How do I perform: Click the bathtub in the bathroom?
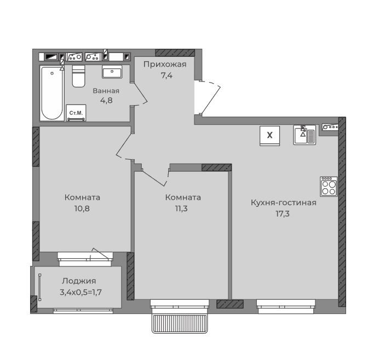point(52,93)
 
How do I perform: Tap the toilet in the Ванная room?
point(78,76)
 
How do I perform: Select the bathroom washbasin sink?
point(112,72)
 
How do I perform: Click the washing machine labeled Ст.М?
point(76,113)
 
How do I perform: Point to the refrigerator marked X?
point(270,136)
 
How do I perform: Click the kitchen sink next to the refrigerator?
point(305,135)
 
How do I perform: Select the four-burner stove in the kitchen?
point(329,187)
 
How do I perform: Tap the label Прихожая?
point(165,64)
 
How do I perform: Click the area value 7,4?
point(166,76)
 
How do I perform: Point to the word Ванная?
point(106,91)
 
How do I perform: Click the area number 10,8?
point(82,208)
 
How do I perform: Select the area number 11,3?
point(181,208)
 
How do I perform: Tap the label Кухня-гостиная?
point(284,202)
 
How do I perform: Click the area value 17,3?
point(283,214)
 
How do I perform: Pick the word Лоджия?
point(79,281)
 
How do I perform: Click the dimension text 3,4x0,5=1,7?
point(81,292)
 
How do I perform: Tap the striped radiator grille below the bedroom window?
point(180,323)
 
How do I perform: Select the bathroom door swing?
point(140,94)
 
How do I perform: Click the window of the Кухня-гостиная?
point(286,306)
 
